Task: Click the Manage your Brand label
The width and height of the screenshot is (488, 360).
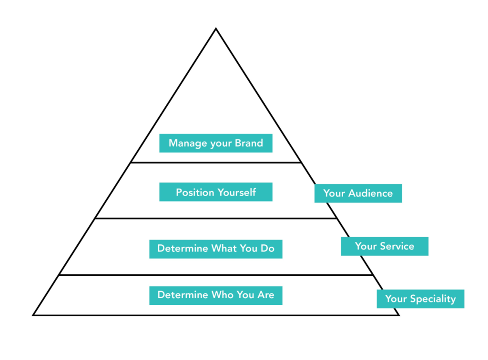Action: point(215,143)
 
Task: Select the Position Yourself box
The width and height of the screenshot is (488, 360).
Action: point(215,192)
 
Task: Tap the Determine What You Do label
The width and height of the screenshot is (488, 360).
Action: point(215,249)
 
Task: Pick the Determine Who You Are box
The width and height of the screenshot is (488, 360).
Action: point(215,295)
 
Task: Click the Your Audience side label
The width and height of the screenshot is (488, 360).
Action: point(358,193)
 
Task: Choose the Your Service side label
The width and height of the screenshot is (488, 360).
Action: point(384,246)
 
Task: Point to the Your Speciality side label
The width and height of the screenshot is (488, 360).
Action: point(420,299)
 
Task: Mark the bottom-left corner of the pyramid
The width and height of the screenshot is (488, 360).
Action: point(33,315)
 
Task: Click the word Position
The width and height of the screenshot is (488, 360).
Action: point(195,192)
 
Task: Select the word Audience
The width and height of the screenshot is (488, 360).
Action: point(370,193)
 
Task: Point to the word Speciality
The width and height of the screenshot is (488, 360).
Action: point(433,299)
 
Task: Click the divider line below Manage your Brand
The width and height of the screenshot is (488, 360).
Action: point(215,162)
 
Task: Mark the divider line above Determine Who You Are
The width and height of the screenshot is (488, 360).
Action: point(215,275)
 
